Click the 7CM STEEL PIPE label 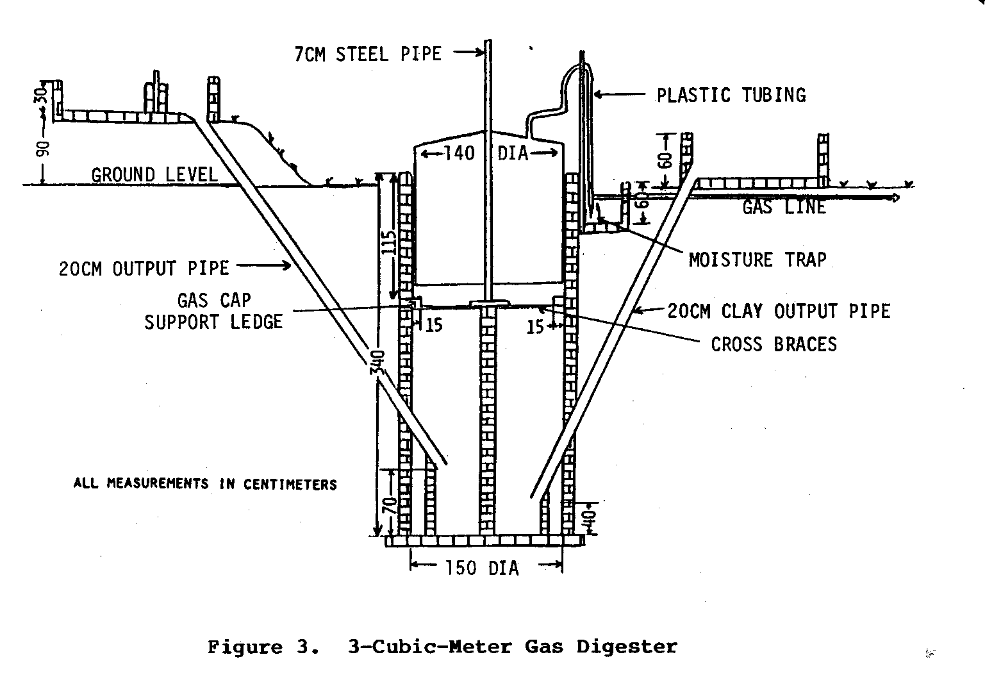click(x=368, y=54)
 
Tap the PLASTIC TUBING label click(x=731, y=96)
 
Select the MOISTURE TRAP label click(x=757, y=260)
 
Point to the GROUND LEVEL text click(x=154, y=174)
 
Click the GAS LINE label click(x=784, y=207)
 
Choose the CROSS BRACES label click(x=774, y=344)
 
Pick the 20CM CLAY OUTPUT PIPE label click(x=779, y=312)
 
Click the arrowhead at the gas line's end click(x=895, y=198)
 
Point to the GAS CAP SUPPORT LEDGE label click(x=213, y=311)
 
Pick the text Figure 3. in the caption click(x=262, y=647)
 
